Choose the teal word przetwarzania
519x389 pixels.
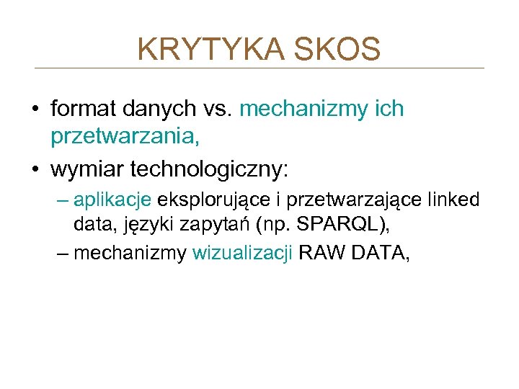[x=123, y=135]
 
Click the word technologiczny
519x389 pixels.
[x=209, y=169]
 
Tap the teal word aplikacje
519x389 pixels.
[x=112, y=200]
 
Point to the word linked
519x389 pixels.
[x=454, y=200]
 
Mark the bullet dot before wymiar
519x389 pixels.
[x=35, y=170]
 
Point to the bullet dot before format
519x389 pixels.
[x=35, y=109]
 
